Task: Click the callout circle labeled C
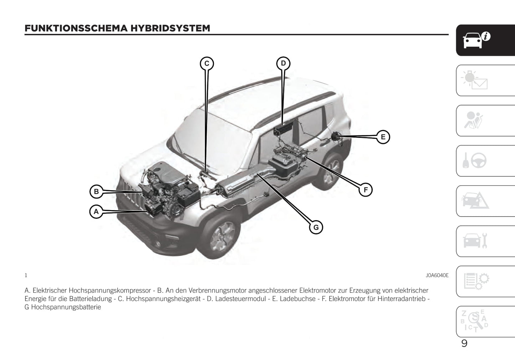[207, 64]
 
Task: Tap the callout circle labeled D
[283, 63]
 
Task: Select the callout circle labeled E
[383, 137]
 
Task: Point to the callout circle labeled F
[365, 190]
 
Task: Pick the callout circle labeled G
[316, 227]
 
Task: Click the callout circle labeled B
[96, 192]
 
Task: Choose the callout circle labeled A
[96, 212]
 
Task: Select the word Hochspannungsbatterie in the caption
[66, 307]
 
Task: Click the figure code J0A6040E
[437, 275]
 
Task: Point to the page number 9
[464, 343]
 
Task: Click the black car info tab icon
[477, 40]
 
